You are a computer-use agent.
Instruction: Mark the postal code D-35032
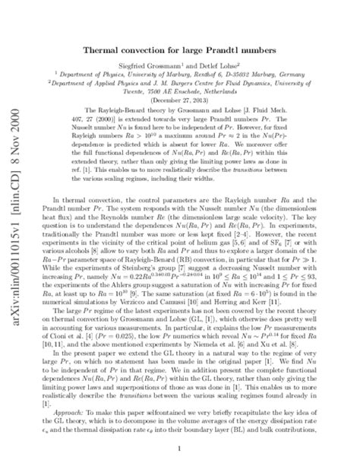click(x=254, y=79)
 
